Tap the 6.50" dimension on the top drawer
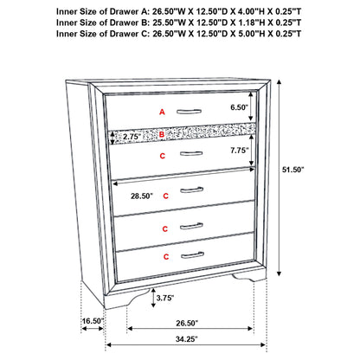240,107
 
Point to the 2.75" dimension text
132,136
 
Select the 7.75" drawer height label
240,151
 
